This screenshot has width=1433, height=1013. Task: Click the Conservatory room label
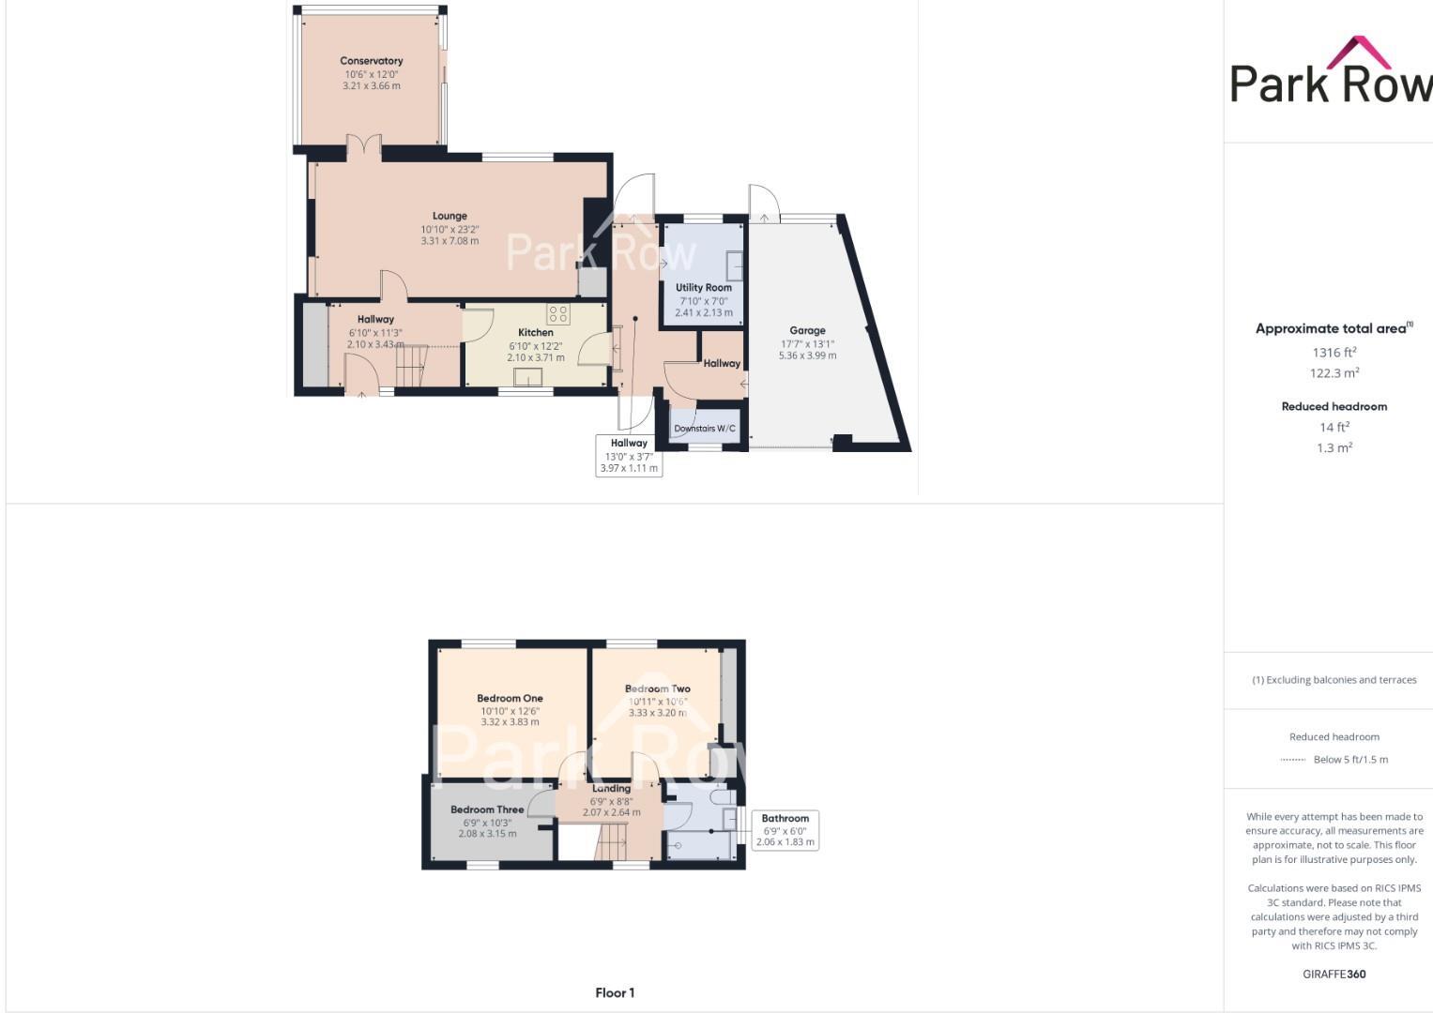(372, 61)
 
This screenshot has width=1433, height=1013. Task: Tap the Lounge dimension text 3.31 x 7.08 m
(450, 241)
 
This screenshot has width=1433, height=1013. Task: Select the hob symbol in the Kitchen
(558, 313)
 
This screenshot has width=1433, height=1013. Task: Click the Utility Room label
(704, 288)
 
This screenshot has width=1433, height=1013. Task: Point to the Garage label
(807, 330)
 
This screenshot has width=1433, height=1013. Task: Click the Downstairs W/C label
(705, 429)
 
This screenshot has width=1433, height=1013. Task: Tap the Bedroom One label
(510, 698)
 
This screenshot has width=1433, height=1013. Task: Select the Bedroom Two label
(658, 688)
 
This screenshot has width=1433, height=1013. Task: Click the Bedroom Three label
(487, 809)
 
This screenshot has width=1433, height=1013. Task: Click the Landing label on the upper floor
(611, 789)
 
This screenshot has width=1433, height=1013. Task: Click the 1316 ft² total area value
(1334, 353)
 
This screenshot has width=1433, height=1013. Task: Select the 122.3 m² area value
(1334, 373)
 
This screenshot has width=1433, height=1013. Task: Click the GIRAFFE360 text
(1334, 975)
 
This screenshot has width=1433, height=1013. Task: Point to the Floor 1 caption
(615, 992)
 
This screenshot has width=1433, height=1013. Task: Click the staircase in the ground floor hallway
(411, 366)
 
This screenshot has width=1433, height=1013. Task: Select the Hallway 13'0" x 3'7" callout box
(629, 456)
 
